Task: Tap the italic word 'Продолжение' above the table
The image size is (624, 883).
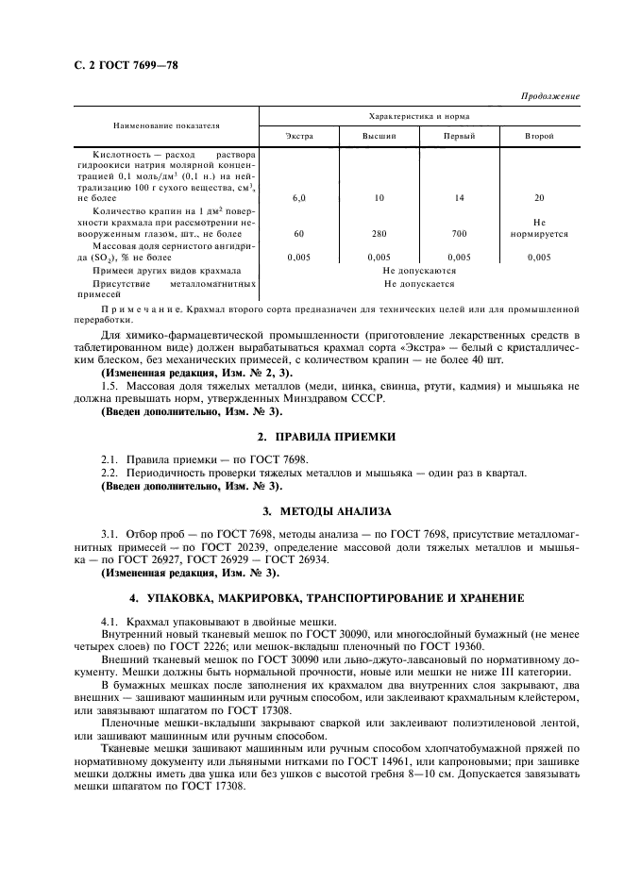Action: click(x=549, y=98)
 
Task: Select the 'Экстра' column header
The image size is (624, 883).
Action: click(x=299, y=138)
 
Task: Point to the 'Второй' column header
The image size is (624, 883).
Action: click(x=539, y=138)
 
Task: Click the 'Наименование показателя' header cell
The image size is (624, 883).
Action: click(x=166, y=125)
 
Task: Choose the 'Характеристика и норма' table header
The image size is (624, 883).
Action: click(x=419, y=116)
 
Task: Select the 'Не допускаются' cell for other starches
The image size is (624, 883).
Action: click(x=419, y=270)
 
